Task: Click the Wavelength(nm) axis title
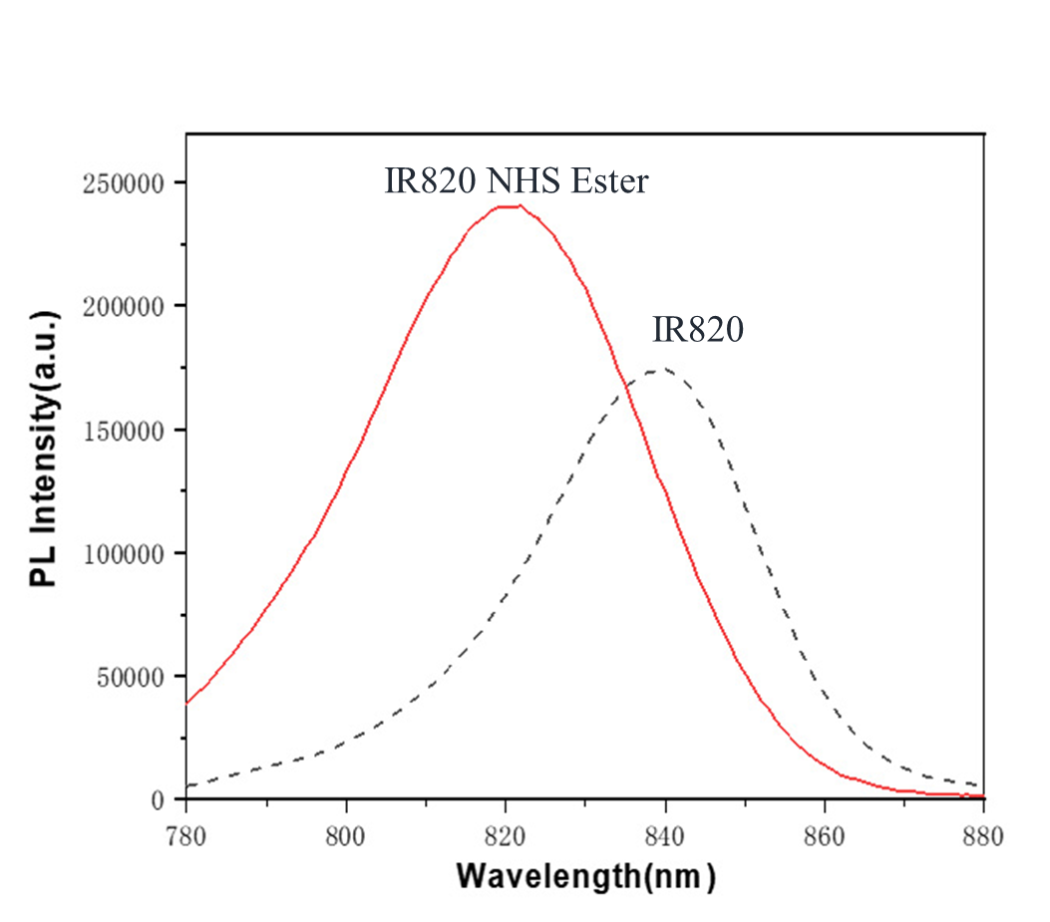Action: point(586,876)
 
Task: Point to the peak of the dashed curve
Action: point(656,371)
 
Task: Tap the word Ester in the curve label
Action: point(610,181)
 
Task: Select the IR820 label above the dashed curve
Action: point(698,330)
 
